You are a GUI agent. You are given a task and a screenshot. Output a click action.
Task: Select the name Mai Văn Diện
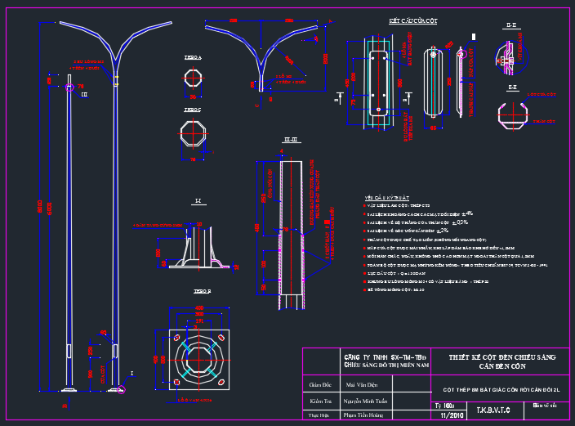[x=362, y=383]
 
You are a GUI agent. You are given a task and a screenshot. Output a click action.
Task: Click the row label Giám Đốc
[x=319, y=383]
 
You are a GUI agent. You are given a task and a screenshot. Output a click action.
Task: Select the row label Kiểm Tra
[x=319, y=401]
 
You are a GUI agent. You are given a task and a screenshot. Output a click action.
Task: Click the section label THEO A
[x=193, y=58]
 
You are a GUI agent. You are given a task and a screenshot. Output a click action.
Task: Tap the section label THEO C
[x=193, y=110]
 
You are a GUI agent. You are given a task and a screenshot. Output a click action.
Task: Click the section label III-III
[x=287, y=141]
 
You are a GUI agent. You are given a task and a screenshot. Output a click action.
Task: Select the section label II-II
[x=512, y=26]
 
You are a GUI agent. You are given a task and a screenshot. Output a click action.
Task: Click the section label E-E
[x=512, y=87]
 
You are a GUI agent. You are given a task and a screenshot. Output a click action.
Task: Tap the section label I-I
[x=198, y=201]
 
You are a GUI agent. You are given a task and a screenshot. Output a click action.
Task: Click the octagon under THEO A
[x=194, y=80]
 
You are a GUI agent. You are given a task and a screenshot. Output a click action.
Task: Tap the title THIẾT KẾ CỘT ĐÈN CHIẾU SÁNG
[x=501, y=357]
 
